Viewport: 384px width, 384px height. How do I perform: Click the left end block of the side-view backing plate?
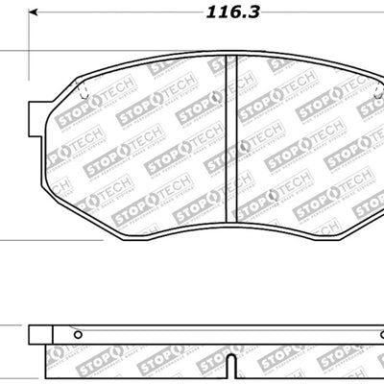(38, 334)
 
